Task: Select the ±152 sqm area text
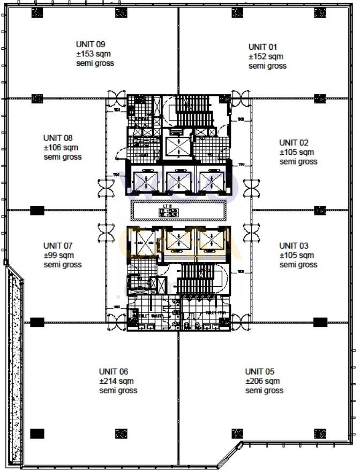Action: [x=265, y=56]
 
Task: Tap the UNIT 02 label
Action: [x=294, y=143]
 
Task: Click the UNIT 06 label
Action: [x=113, y=371]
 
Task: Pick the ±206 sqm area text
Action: [x=262, y=381]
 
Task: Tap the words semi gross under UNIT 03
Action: [x=298, y=265]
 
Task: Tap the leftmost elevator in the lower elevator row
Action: [x=145, y=240]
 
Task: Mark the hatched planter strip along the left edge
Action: [x=14, y=364]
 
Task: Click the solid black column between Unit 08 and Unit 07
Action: [x=37, y=210]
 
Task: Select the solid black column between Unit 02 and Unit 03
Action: [x=320, y=210]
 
